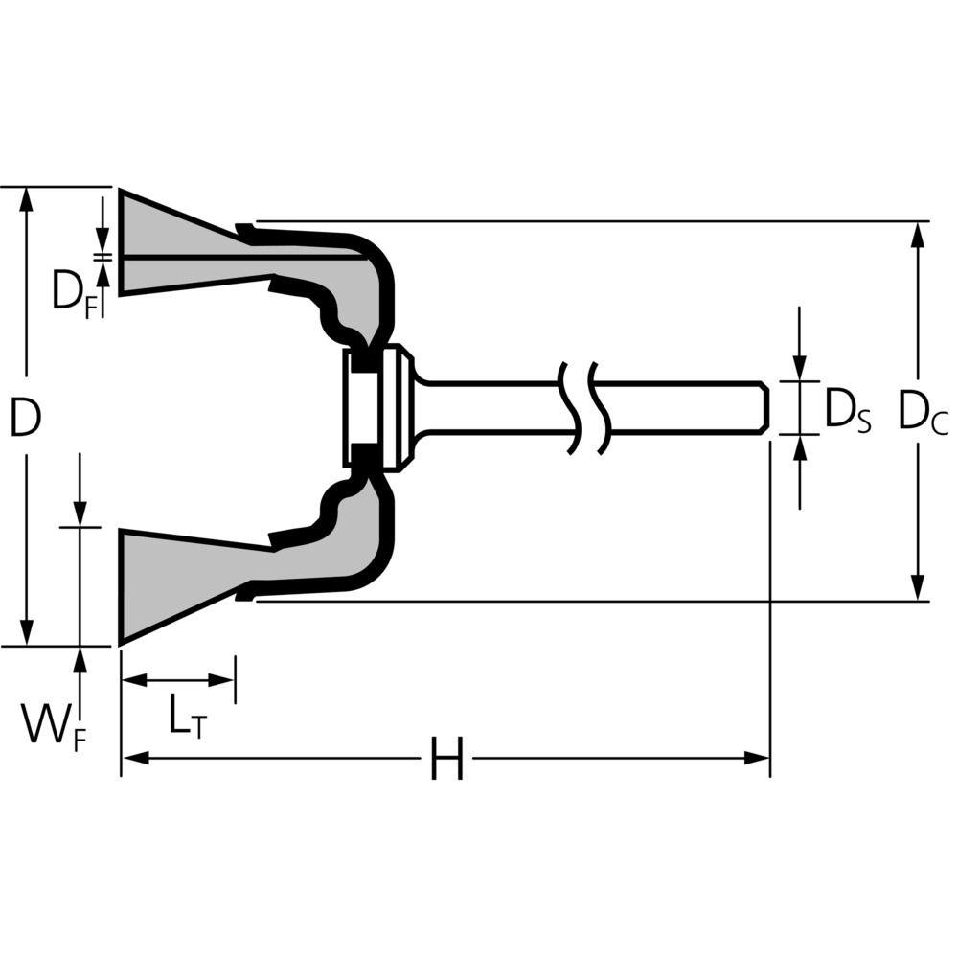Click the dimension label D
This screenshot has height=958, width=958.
(x=26, y=417)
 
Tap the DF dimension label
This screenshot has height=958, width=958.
(x=75, y=291)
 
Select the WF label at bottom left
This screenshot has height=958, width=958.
(x=54, y=725)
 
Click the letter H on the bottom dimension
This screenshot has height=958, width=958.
(x=446, y=758)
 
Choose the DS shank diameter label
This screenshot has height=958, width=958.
(x=848, y=410)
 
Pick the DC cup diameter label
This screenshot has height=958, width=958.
(x=923, y=411)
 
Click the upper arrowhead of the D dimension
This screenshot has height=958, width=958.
(x=26, y=199)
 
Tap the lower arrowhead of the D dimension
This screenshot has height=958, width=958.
(x=26, y=632)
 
